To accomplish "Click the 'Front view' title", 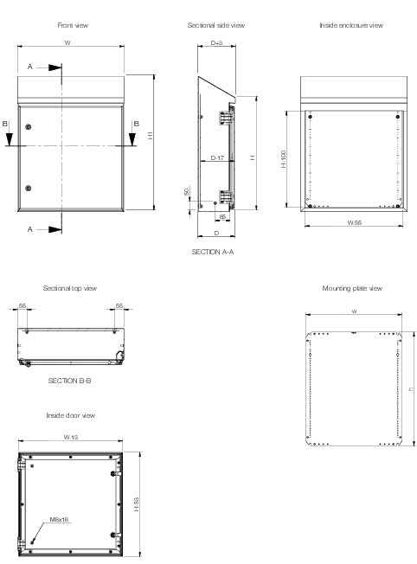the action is click(73, 25).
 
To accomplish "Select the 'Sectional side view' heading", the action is click(216, 25).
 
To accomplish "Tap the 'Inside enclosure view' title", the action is click(351, 25).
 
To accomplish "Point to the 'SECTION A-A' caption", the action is click(212, 252).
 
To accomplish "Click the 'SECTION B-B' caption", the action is click(69, 381).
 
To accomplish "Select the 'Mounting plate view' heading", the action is click(352, 288).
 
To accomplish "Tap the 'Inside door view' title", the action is click(71, 415).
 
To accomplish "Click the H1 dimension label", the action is click(150, 135).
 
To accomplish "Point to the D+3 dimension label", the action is click(216, 42).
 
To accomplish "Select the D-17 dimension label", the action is click(217, 157).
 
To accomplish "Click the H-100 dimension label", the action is click(284, 159).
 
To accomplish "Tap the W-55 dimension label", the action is click(354, 222).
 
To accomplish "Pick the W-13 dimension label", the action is click(71, 438).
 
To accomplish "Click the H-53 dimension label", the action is click(136, 504).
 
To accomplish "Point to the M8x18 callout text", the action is click(59, 519).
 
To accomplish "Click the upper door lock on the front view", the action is click(28, 126).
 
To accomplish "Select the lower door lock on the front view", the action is click(28, 188).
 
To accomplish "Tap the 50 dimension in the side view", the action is click(186, 192).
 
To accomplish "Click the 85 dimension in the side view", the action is click(222, 217).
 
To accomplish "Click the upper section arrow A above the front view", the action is click(55, 67).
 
